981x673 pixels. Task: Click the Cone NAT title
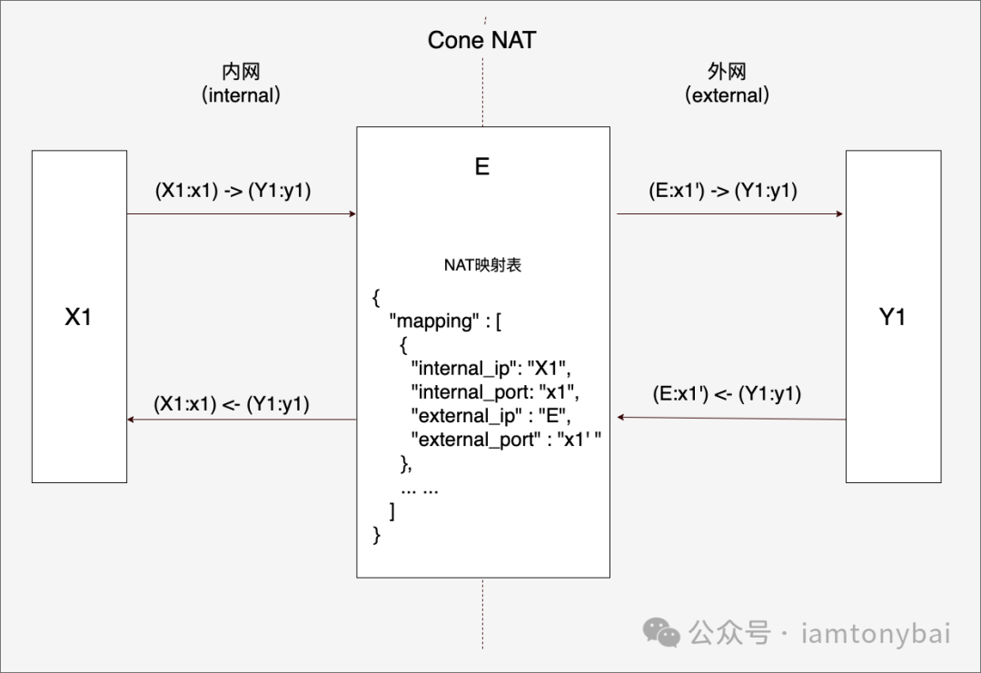(481, 40)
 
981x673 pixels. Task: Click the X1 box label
(78, 317)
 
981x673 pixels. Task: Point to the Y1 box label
(892, 317)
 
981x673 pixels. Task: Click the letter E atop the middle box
(481, 167)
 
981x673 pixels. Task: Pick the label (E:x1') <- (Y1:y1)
(727, 394)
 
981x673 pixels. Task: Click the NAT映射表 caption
(482, 266)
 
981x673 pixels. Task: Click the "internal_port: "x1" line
(494, 391)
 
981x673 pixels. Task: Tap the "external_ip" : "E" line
(489, 415)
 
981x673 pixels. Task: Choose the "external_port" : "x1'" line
(506, 440)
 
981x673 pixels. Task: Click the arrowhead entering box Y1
(840, 214)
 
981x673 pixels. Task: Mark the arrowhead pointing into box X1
(132, 420)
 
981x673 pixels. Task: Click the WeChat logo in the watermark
(662, 632)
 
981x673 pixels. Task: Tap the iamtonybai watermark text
(876, 633)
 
